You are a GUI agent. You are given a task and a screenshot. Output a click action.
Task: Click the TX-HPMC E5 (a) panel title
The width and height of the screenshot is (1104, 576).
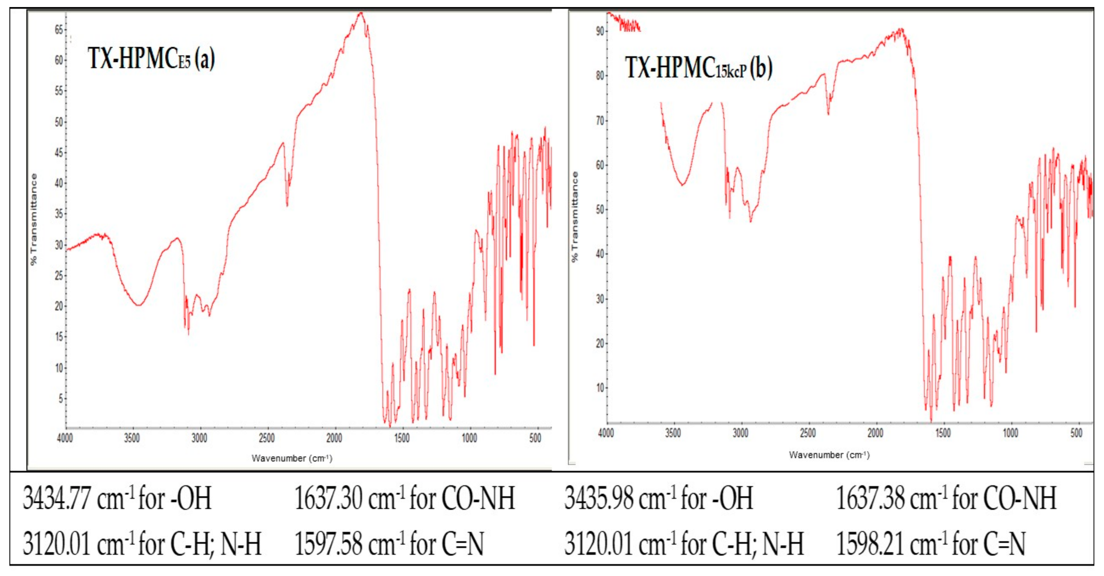click(151, 58)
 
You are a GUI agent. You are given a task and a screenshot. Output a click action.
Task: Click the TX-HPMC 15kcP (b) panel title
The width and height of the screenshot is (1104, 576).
click(698, 68)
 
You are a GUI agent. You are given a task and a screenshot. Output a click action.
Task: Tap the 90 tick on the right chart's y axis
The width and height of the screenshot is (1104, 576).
click(599, 31)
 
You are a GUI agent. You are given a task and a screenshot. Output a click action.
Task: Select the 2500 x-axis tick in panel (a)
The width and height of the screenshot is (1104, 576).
click(267, 438)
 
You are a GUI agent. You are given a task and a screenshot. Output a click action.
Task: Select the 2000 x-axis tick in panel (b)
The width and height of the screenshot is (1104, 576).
click(875, 433)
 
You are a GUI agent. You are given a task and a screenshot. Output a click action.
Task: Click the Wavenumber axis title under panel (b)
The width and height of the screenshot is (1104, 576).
click(829, 455)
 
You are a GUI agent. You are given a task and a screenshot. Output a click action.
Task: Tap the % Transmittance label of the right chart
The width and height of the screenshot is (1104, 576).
click(575, 217)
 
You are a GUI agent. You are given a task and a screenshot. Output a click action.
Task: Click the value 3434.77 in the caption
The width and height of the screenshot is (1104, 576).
click(57, 498)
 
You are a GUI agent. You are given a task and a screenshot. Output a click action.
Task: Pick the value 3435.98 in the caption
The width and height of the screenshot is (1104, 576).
click(598, 498)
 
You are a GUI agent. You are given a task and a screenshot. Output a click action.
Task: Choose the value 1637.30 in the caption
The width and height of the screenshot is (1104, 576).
click(328, 498)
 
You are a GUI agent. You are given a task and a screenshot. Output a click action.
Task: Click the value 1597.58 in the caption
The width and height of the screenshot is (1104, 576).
click(328, 543)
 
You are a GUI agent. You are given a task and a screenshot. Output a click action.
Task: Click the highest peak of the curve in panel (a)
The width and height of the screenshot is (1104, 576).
click(361, 13)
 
